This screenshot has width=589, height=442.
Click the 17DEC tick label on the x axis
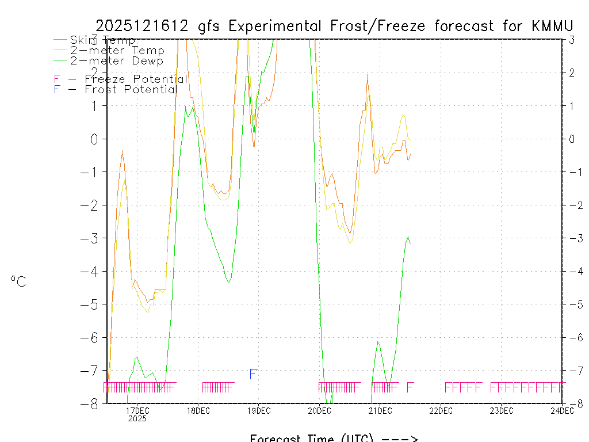[137, 411]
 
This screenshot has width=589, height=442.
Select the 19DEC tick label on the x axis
[259, 411]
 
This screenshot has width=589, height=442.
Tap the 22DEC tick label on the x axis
[441, 411]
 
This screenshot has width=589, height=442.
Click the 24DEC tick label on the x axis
[562, 411]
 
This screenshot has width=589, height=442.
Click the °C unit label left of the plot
[18, 281]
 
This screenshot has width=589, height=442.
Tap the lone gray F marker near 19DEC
[253, 374]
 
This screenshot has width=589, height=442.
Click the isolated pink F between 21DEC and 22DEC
[410, 387]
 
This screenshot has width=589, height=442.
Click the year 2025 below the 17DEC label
[137, 419]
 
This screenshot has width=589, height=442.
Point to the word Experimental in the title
[278, 26]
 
